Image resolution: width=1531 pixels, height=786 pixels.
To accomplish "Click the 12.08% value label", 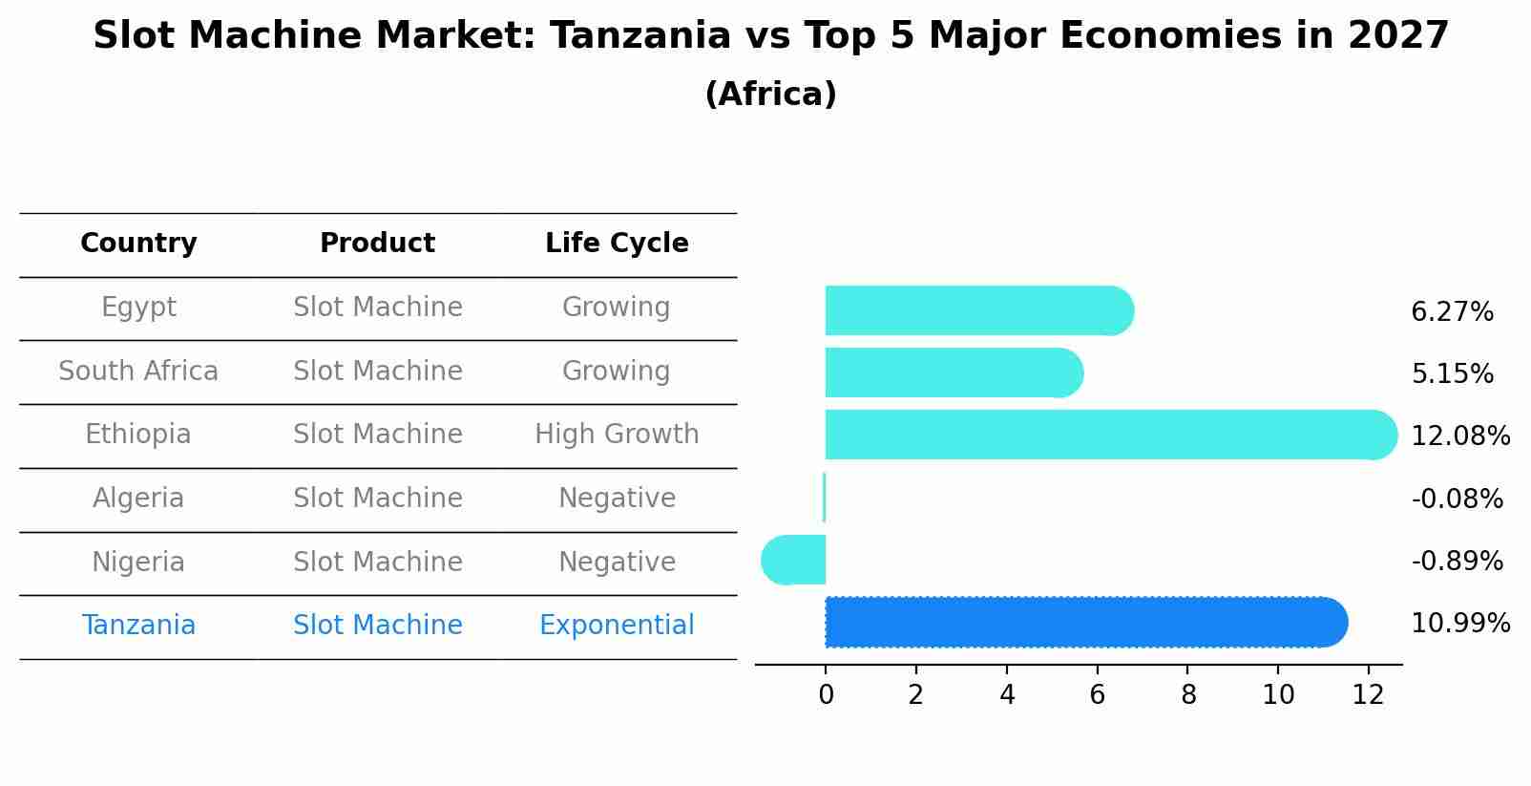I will [1459, 436].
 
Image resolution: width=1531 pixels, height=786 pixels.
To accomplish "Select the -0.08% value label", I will [1457, 499].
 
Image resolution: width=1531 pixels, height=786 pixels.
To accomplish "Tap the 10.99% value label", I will [1459, 624].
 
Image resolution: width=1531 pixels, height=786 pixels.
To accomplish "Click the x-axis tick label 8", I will [1187, 695].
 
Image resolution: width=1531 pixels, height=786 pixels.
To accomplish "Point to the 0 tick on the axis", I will [826, 695].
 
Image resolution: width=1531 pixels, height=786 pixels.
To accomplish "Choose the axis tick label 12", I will [1368, 695].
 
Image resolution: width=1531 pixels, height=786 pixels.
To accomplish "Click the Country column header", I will [138, 244].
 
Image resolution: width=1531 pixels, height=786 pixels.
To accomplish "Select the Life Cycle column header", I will [617, 244].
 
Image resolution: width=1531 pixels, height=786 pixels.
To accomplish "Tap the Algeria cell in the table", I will [138, 499].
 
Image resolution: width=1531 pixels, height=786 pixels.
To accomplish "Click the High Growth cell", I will [617, 435].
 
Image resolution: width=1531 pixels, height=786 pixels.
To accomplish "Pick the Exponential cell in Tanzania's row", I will [617, 626].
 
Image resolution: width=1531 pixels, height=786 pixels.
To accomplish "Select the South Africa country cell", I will [138, 372].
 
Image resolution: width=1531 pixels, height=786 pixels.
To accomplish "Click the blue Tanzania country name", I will [138, 626].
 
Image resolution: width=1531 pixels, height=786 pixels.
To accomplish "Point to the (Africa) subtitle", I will [770, 95].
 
